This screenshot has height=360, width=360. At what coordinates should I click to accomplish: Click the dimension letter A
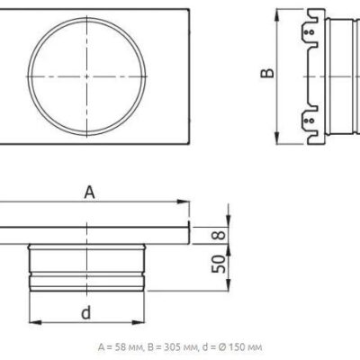coord(89,193)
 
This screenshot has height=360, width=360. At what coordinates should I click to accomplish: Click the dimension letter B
coord(267,73)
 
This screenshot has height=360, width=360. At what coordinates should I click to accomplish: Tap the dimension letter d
coord(86,312)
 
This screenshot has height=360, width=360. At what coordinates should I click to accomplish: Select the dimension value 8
coord(220,234)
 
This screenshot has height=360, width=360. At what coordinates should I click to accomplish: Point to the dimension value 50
coord(219,264)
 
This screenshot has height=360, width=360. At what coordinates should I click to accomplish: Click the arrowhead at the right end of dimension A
coord(183,202)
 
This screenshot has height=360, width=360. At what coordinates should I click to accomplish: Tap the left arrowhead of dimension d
coord(35,322)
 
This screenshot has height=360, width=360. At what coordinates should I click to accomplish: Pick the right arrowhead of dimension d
coord(139,322)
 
